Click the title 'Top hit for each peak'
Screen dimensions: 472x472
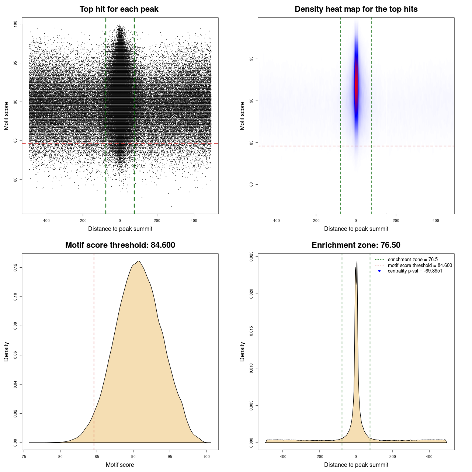119,9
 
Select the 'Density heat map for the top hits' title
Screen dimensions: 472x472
356,9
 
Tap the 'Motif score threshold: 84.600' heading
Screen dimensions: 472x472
120,245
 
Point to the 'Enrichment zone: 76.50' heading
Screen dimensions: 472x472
356,245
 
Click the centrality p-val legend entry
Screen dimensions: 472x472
415,271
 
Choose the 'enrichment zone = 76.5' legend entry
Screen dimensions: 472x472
413,260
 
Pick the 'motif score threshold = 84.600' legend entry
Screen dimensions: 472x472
420,265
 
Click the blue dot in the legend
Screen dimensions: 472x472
379,271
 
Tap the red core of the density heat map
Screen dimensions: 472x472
356,85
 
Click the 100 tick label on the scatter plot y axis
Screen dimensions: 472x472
15,24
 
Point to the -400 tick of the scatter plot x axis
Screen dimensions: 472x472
46,221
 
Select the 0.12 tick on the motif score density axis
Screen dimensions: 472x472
15,267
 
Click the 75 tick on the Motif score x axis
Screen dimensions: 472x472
24,457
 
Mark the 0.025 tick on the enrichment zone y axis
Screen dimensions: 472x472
251,257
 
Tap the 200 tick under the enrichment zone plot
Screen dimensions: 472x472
392,457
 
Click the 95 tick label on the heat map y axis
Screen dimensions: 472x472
251,59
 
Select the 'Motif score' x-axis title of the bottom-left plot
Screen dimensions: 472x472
120,465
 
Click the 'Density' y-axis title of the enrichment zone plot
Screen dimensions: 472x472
242,351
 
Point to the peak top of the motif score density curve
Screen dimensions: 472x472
138,261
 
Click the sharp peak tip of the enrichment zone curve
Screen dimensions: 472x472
357,261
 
